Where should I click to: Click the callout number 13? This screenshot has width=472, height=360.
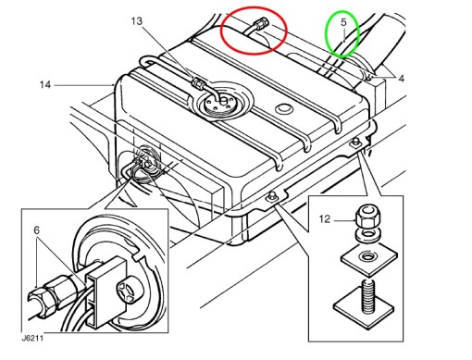137,21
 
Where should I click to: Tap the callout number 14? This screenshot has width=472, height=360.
45,84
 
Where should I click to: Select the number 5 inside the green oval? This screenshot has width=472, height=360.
343,22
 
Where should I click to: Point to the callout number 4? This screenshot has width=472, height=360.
401,79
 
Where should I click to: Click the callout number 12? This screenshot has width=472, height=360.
325,219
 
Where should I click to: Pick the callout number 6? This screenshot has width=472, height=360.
37,230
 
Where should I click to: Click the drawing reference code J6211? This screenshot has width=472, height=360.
32,338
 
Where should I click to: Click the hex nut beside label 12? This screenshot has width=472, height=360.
366,217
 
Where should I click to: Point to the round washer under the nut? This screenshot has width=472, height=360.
367,233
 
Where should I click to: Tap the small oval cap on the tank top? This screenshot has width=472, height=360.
284,108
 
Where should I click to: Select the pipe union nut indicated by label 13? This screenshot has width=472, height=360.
198,82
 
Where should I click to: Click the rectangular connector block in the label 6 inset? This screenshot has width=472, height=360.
106,292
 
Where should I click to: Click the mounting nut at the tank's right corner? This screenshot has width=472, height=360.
355,142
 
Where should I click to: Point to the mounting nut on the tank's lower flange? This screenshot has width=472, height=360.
272,196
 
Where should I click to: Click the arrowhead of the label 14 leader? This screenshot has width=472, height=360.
112,84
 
